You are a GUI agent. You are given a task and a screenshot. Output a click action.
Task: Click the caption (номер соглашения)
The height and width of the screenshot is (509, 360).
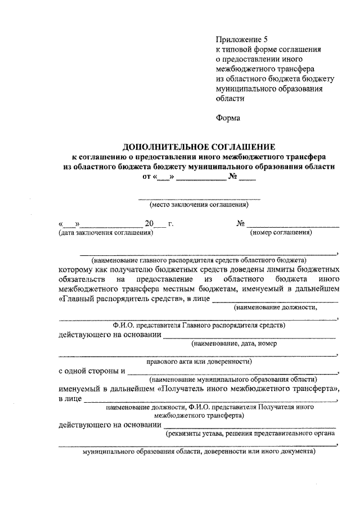pyautogui.click(x=281, y=232)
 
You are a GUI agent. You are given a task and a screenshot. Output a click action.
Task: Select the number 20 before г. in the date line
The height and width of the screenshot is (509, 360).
pyautogui.click(x=150, y=223)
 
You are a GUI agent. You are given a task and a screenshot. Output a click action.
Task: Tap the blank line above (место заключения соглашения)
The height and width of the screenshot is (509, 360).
pyautogui.click(x=199, y=199)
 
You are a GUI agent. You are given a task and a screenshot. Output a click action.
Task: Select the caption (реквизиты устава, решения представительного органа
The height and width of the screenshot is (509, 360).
pyautogui.click(x=250, y=433)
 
